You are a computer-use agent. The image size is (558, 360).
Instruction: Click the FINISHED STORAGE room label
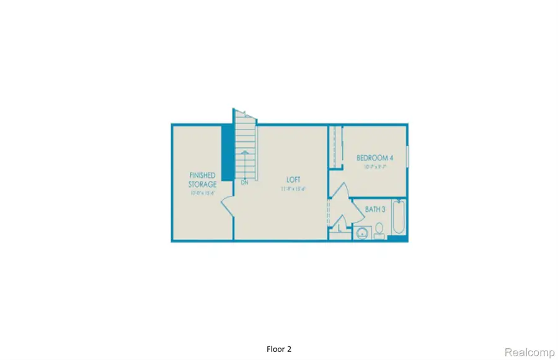pos(203,180)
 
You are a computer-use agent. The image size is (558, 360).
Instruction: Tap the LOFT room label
pos(290,180)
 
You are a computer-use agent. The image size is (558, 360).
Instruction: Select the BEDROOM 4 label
pos(374,158)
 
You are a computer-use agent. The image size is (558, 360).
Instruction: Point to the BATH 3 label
pos(375,210)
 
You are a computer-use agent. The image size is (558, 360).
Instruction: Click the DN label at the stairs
pos(244,183)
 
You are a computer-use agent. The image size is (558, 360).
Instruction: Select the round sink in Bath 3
pos(362,233)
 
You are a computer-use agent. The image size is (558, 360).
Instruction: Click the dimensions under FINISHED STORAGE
pos(203,193)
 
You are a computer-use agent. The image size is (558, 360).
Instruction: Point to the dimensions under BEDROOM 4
pos(374,167)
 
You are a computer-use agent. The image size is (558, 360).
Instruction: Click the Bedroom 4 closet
pos(335,146)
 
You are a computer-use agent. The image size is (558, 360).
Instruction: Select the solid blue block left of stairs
pos(228,152)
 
